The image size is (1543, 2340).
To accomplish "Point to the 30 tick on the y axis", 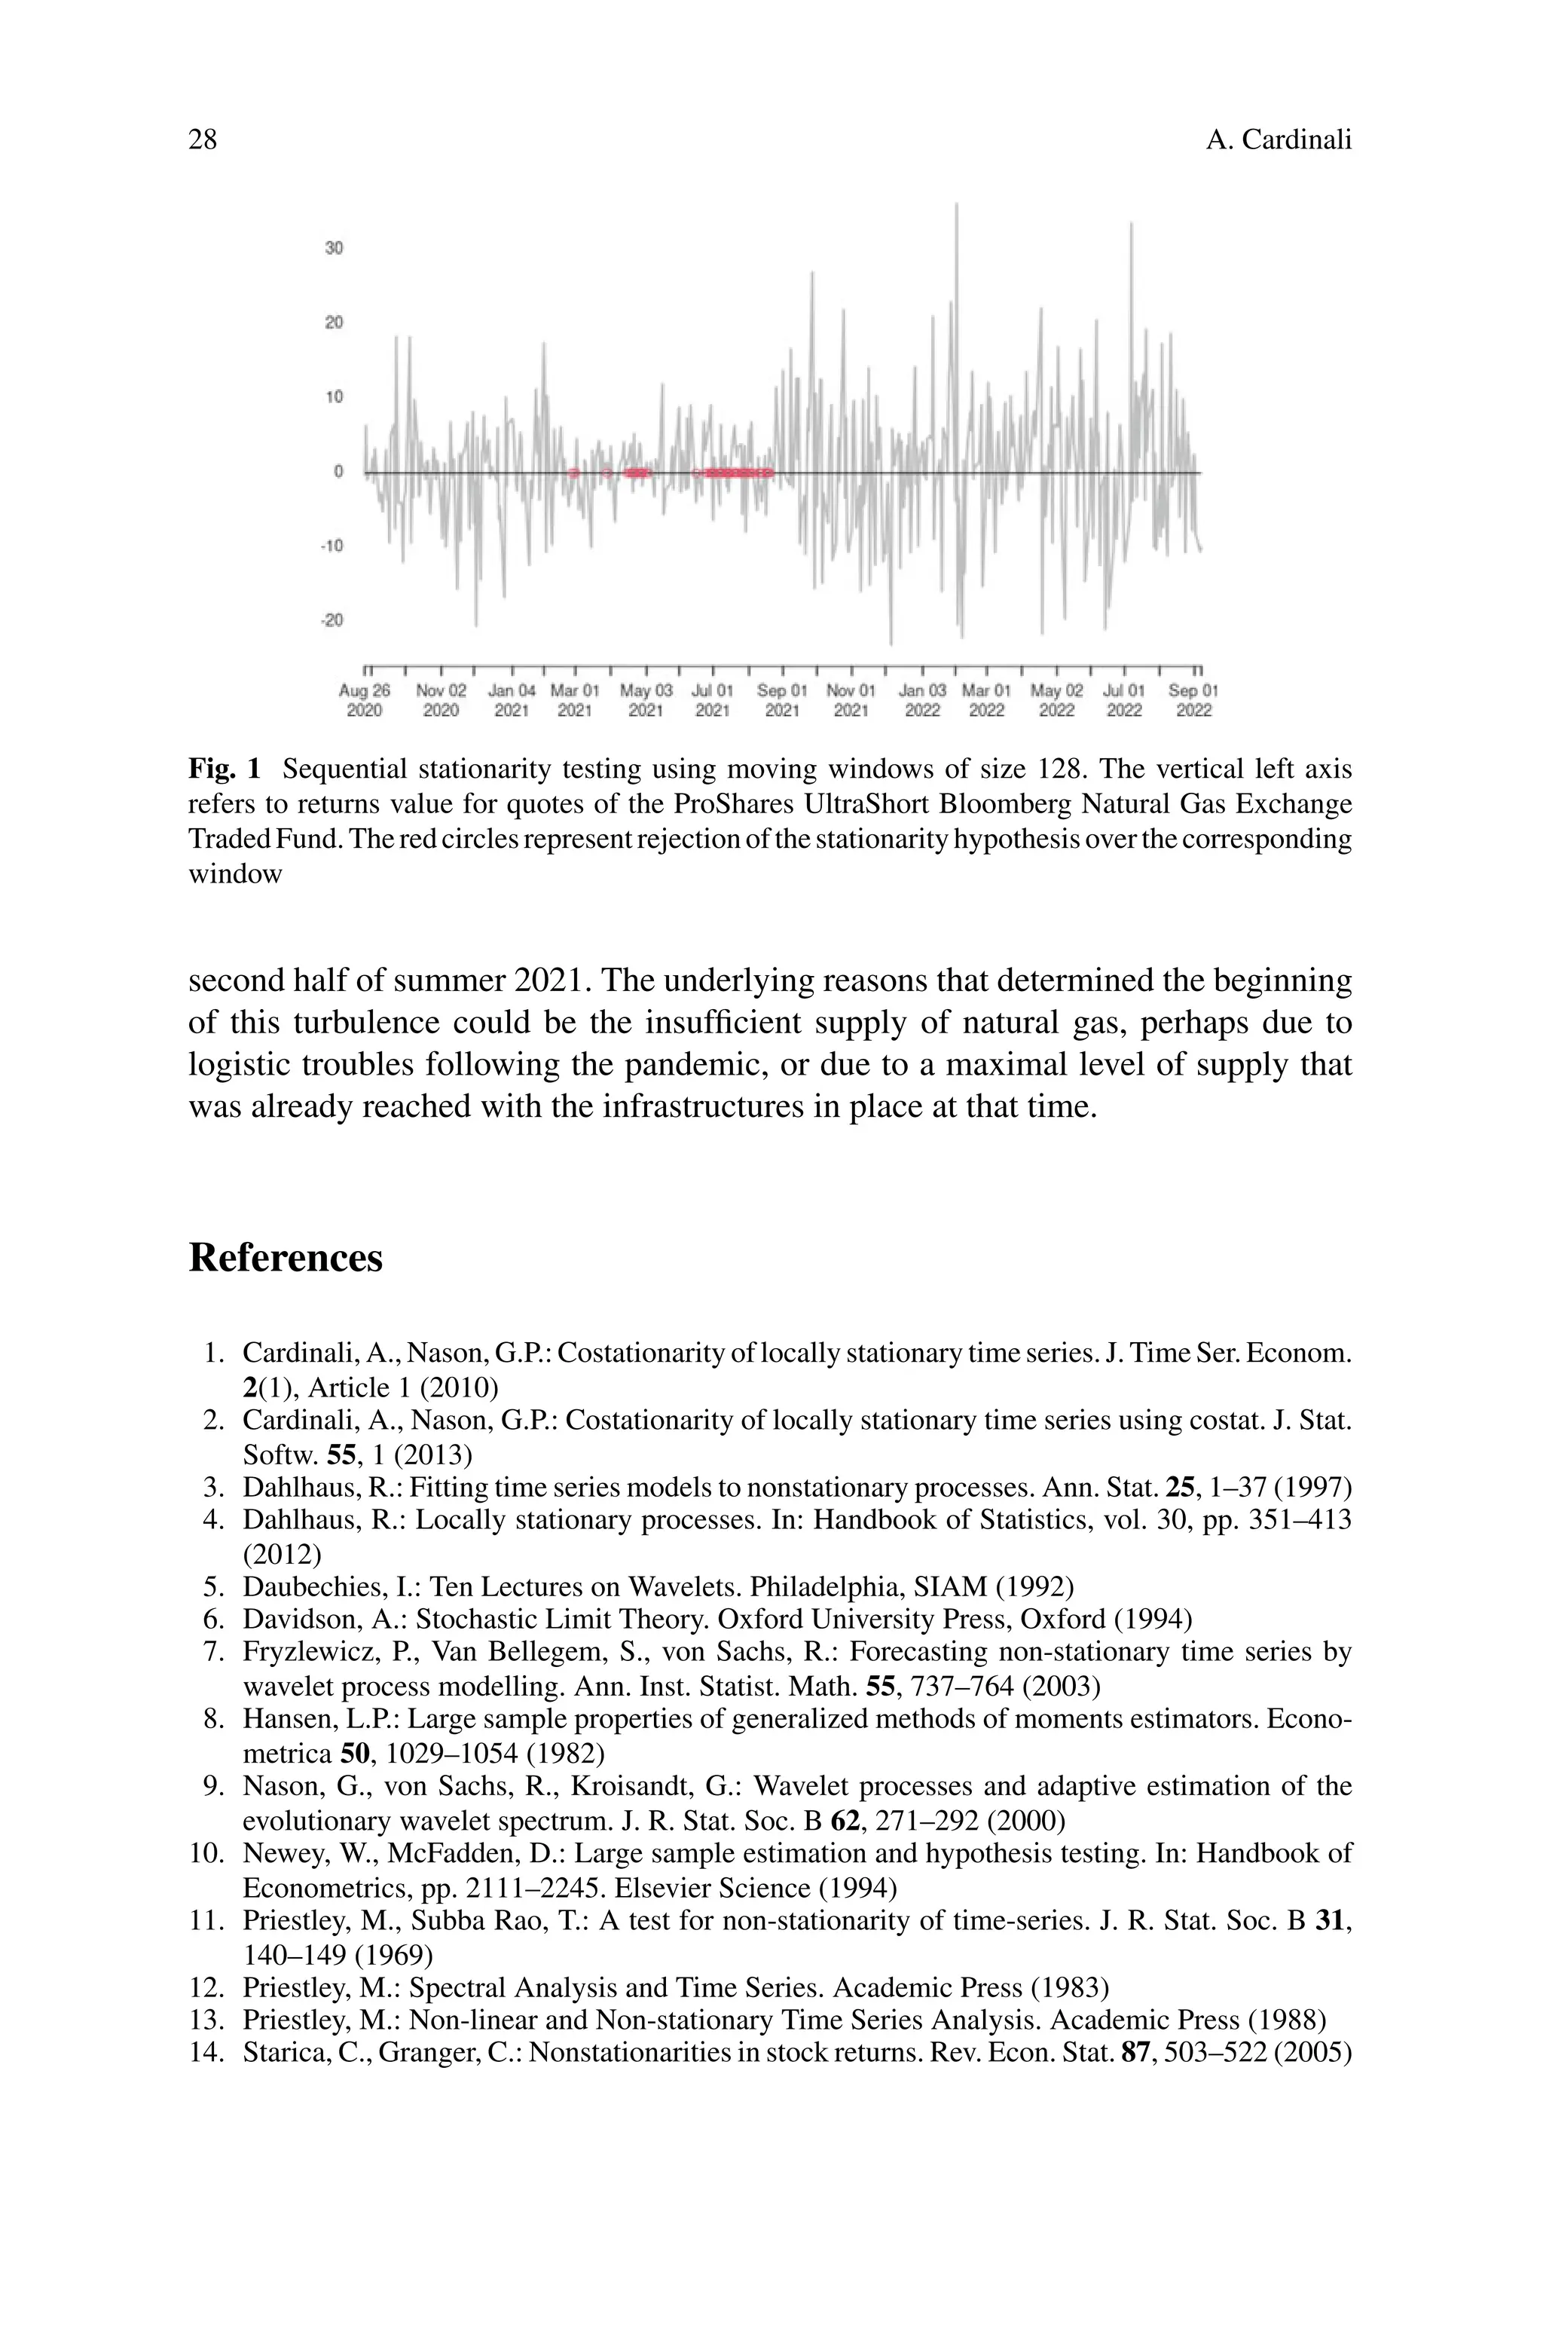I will tap(335, 248).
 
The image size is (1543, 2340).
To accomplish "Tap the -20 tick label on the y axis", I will tap(332, 620).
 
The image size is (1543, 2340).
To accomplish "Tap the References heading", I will tap(286, 1258).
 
